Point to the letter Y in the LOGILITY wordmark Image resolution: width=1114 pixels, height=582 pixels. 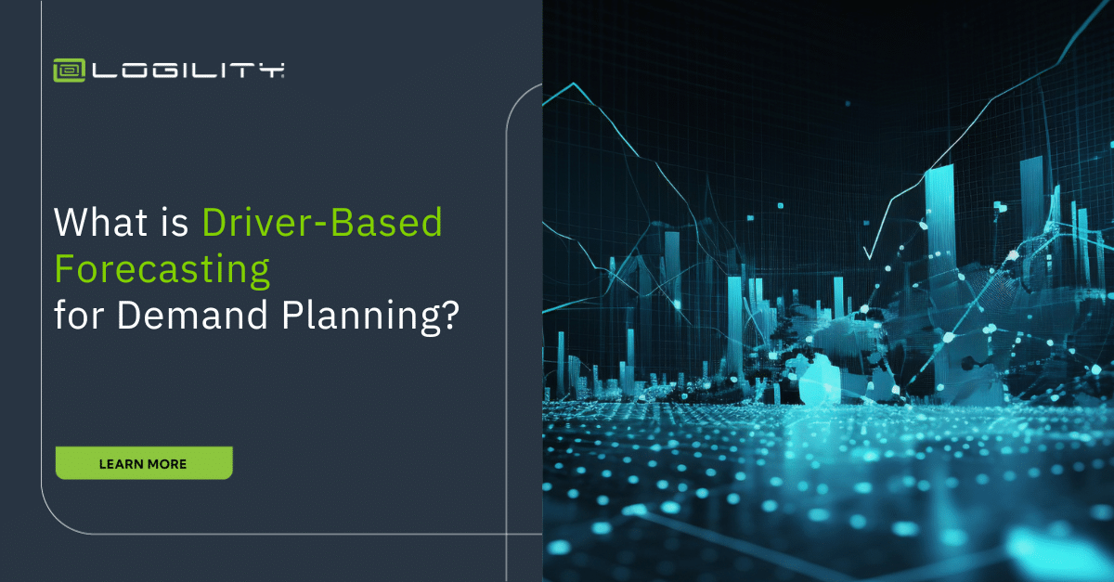[272, 71]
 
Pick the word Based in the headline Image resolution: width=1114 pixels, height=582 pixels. [387, 224]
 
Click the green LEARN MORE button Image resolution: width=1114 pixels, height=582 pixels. [144, 463]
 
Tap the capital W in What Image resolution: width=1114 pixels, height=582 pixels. [71, 224]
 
